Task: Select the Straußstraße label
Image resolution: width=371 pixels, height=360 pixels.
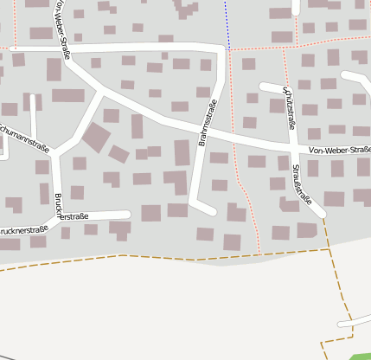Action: click(x=302, y=183)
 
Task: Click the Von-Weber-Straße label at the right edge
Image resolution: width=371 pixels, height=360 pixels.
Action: click(x=340, y=151)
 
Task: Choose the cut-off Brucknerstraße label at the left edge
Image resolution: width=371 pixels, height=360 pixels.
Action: click(x=22, y=231)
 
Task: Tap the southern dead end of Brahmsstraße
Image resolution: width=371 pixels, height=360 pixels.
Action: click(x=212, y=210)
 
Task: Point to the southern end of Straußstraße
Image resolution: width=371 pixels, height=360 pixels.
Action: click(x=321, y=212)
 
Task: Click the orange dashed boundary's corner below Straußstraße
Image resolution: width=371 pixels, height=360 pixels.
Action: click(x=330, y=249)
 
